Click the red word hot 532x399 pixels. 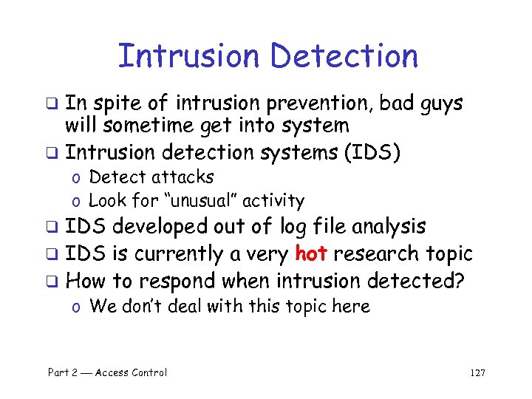(x=311, y=254)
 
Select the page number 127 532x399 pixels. (x=477, y=372)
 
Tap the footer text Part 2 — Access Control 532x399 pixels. (x=107, y=372)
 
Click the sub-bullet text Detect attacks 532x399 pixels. (x=151, y=177)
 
